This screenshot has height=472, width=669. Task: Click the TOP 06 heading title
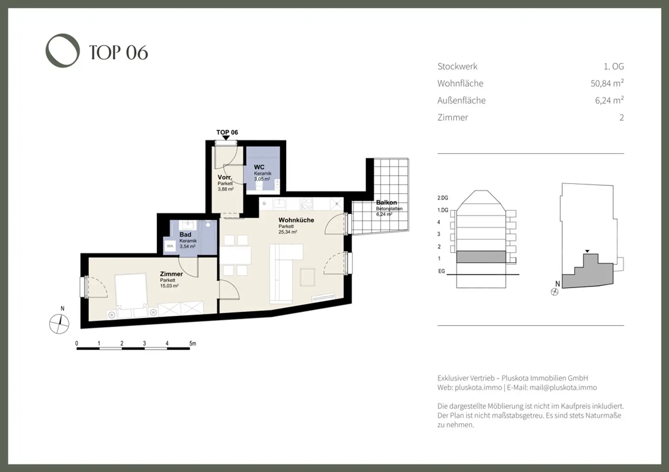[118, 53]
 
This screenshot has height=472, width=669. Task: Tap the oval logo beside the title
[63, 50]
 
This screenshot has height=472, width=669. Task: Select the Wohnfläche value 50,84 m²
[607, 83]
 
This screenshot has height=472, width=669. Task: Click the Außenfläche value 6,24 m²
[609, 100]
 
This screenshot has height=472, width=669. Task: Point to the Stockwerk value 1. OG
[613, 67]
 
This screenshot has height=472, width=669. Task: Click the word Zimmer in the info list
[453, 117]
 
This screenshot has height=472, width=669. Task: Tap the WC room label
[259, 167]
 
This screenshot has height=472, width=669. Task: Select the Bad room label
[185, 234]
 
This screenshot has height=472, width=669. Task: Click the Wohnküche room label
[296, 220]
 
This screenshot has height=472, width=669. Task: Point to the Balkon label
[386, 203]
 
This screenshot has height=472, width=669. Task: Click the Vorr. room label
[225, 177]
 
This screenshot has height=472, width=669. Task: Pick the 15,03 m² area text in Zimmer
[169, 286]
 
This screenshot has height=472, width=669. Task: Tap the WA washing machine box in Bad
[170, 246]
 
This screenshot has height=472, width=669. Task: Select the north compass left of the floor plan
[59, 323]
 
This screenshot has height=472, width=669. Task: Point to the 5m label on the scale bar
[193, 344]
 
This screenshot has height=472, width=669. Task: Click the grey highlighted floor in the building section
[481, 257]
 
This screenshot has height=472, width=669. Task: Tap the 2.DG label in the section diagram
[443, 198]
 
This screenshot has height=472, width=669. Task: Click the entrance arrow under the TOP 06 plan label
[226, 138]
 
